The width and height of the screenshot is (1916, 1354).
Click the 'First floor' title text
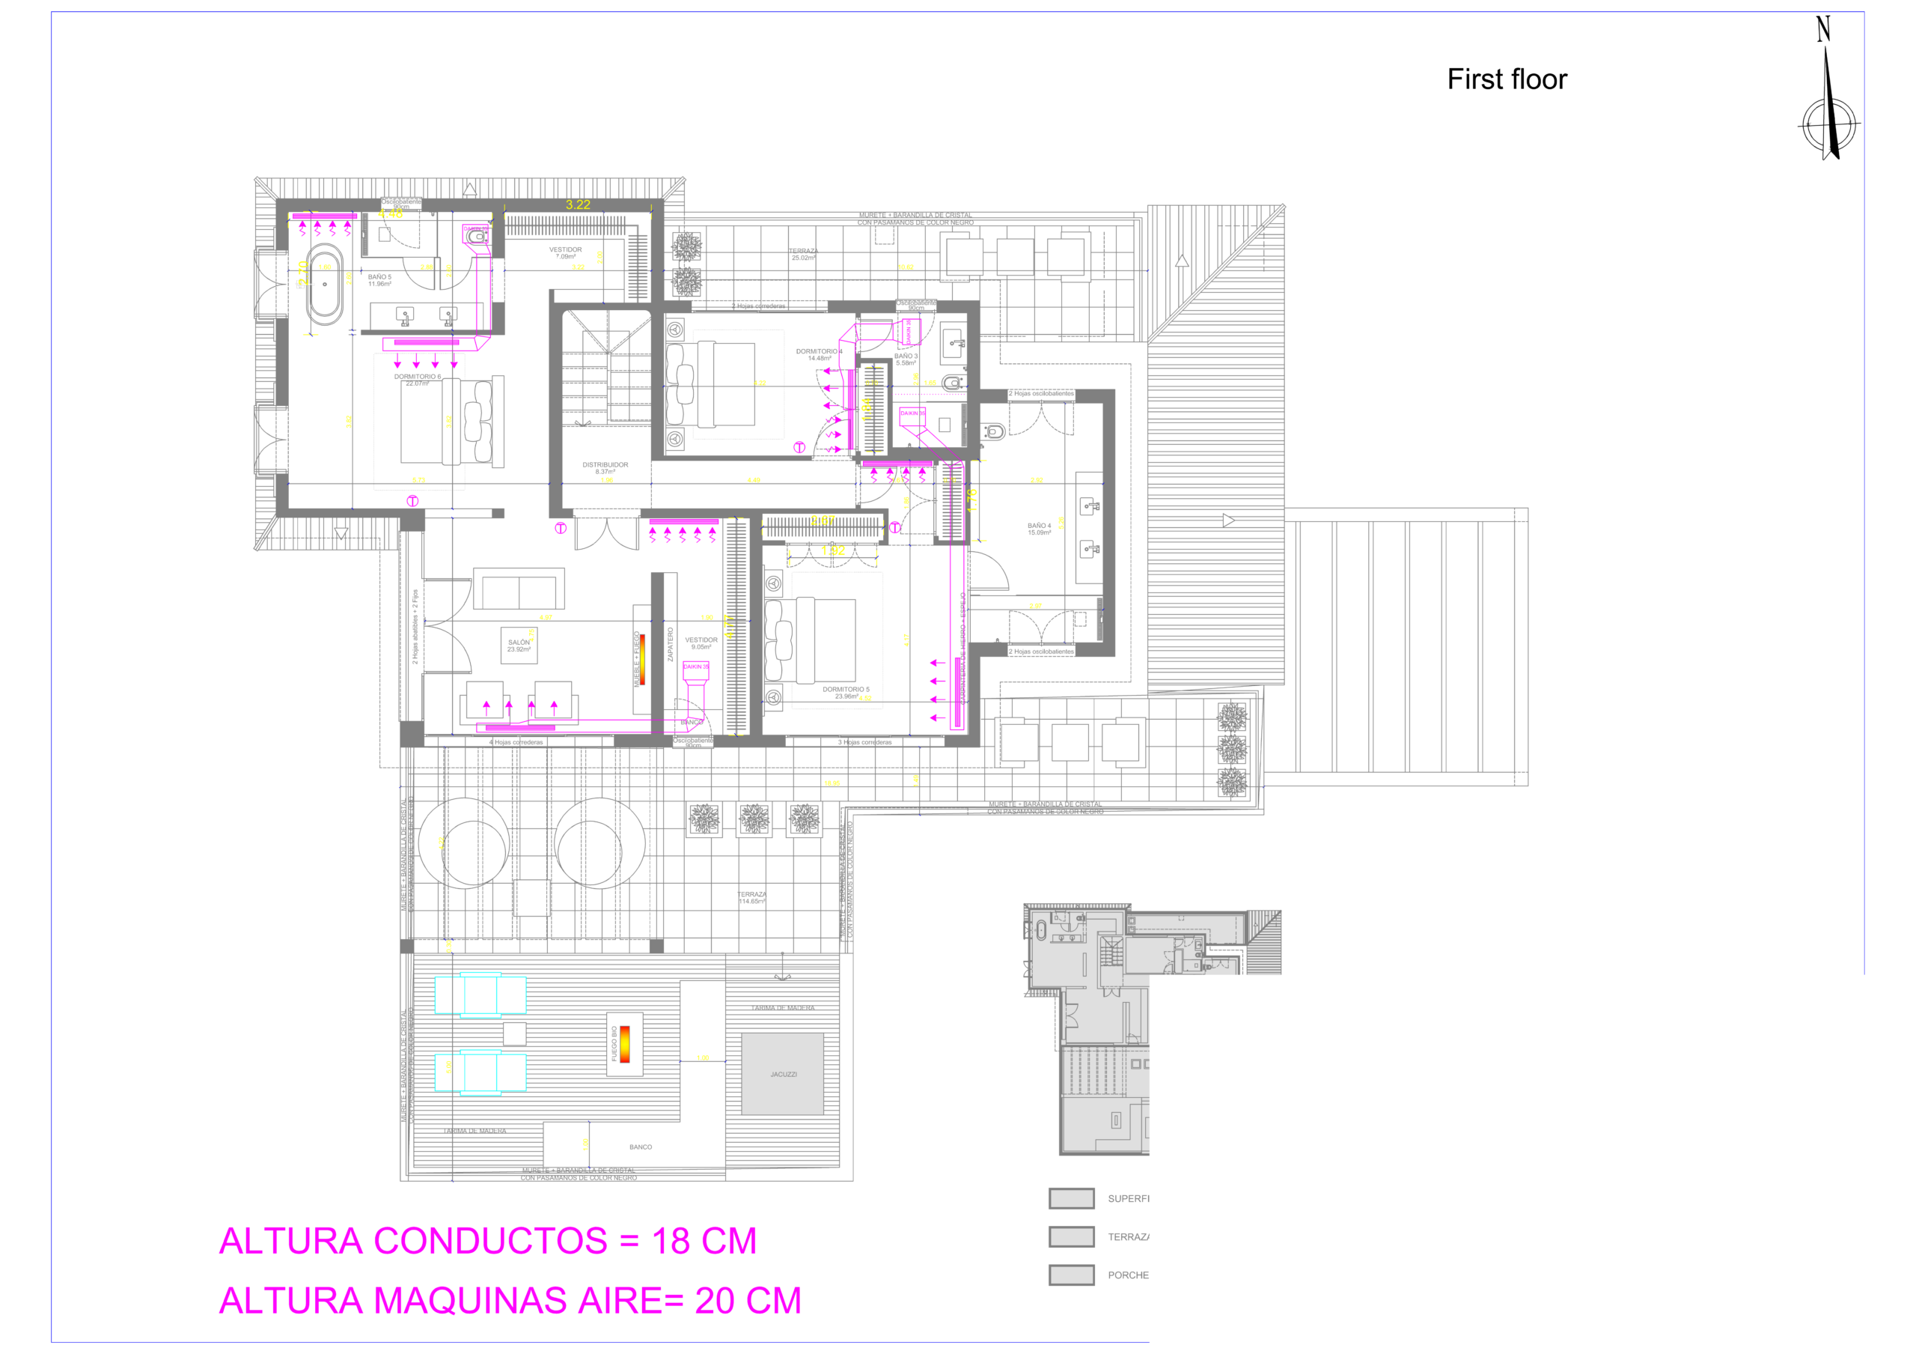pos(1507,79)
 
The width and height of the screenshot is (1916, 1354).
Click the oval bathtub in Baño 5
pos(324,284)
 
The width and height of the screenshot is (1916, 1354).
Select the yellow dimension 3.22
pos(578,204)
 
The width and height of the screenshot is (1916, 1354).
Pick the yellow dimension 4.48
pos(391,213)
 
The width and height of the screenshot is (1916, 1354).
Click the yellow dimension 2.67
pos(823,520)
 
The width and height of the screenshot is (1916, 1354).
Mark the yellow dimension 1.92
pos(833,551)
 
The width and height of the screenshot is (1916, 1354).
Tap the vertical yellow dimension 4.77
pos(728,627)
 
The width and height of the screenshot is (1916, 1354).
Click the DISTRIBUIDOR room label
pos(605,467)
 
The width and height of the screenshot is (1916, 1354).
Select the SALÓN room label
pos(518,646)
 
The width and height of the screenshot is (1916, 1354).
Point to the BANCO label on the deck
pos(641,1148)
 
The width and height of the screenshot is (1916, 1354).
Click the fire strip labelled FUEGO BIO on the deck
pos(624,1043)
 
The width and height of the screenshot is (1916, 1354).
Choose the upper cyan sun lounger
pos(480,995)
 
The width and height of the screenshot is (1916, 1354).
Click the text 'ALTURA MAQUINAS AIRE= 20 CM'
pos(510,1301)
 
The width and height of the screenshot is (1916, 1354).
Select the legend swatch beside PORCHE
pos(1072,1275)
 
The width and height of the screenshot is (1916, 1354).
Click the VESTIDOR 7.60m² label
pos(565,252)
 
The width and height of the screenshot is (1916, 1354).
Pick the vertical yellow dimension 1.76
pos(972,500)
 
